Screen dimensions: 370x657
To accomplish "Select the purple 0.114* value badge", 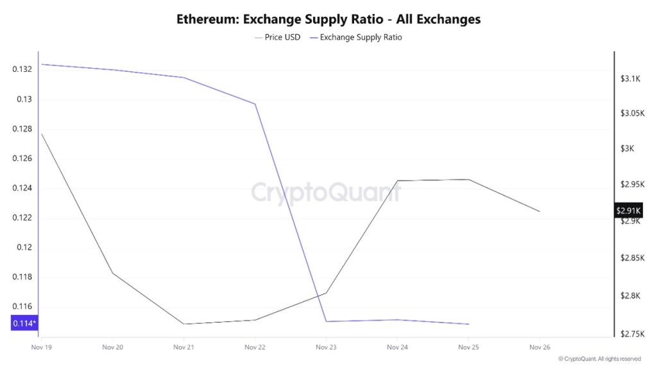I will pyautogui.click(x=24, y=323).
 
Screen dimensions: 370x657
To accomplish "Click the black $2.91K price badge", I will pyautogui.click(x=629, y=211).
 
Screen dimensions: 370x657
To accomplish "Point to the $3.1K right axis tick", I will pyautogui.click(x=631, y=78).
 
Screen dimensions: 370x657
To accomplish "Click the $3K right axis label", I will pyautogui.click(x=627, y=148).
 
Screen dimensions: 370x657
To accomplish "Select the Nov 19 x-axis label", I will pyautogui.click(x=41, y=347).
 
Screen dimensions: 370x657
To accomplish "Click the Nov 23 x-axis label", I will pyautogui.click(x=326, y=347).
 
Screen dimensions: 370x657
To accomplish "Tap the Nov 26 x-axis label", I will pyautogui.click(x=539, y=347).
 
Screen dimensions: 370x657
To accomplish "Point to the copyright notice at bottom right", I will pyautogui.click(x=599, y=359).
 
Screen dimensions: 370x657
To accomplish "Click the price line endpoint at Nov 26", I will pyautogui.click(x=540, y=211).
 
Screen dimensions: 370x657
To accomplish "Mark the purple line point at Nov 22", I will pyautogui.click(x=255, y=104).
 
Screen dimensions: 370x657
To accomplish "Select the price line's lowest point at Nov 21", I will pyautogui.click(x=183, y=324).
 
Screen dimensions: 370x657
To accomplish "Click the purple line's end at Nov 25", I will pyautogui.click(x=468, y=324).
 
